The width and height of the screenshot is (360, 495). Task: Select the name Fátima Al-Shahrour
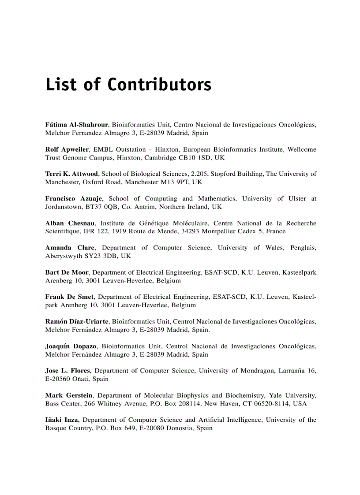[x=77, y=125]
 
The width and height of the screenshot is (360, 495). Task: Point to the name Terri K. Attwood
[x=72, y=174]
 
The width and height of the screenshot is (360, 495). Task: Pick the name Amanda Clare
[x=70, y=248]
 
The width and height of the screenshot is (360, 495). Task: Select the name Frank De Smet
[x=68, y=297]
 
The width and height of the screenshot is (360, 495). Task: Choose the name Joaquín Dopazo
[x=71, y=346]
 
